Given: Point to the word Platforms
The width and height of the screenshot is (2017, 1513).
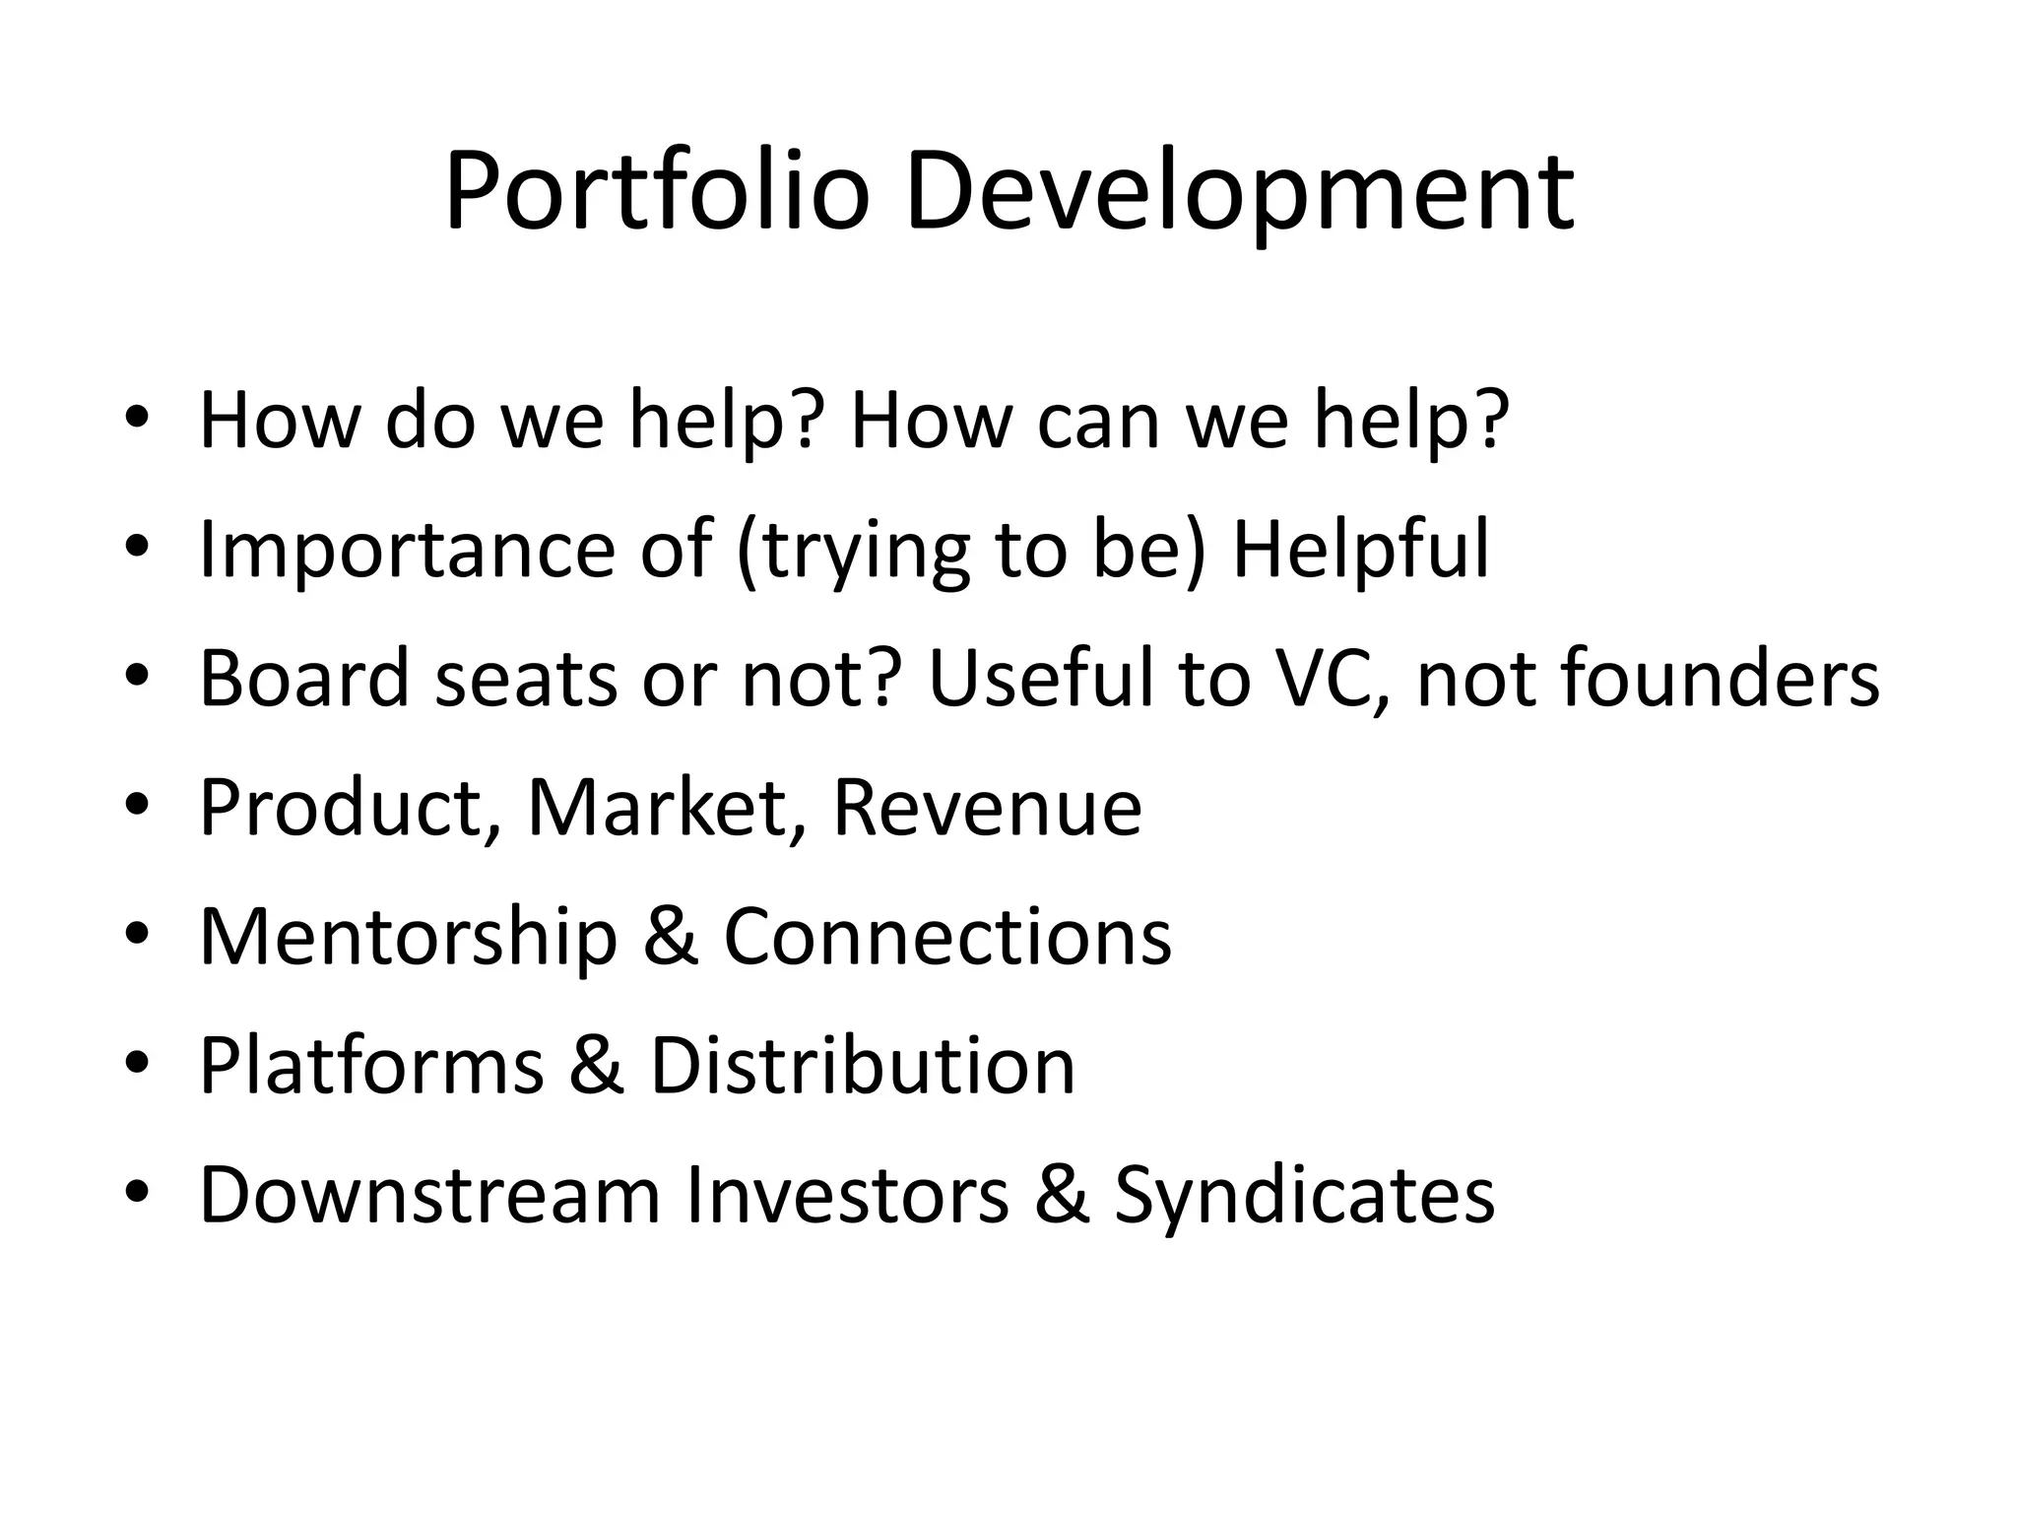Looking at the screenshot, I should coord(371,1066).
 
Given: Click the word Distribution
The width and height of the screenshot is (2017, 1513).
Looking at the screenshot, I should coord(863,1066).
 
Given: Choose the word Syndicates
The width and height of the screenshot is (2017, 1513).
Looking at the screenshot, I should coord(1304,1195).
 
